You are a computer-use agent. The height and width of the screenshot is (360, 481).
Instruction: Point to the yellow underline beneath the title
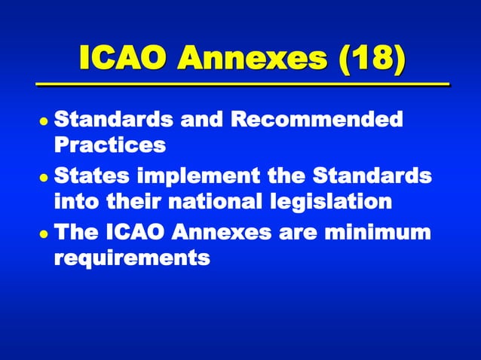240,83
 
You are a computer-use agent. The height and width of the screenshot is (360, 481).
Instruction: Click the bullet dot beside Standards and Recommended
45,121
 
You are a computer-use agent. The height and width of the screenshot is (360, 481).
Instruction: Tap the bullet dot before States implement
45,178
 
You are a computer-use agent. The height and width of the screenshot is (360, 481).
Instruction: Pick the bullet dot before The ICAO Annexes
45,233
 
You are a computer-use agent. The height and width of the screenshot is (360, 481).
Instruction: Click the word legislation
350,201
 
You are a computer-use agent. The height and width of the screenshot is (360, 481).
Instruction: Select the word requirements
131,258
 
